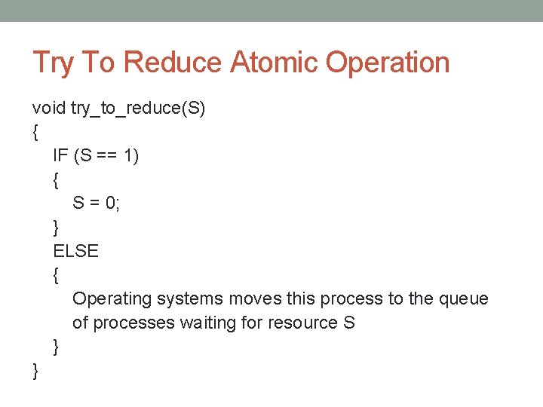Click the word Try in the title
click(x=52, y=63)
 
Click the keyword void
click(x=48, y=109)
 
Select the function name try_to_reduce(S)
click(x=138, y=109)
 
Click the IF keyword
click(x=60, y=156)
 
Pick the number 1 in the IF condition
click(x=130, y=156)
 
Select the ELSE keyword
click(x=75, y=251)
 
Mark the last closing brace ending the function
click(x=35, y=371)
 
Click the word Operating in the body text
click(x=112, y=299)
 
